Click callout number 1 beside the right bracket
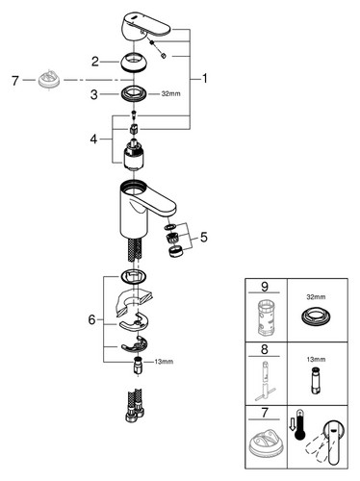point(205,79)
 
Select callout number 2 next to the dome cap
point(95,62)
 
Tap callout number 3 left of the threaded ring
point(94,94)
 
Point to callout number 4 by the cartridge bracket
point(93,139)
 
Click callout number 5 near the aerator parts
point(204,238)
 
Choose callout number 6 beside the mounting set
point(92,319)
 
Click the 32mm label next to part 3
point(170,94)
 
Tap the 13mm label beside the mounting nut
point(164,362)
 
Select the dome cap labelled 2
point(134,62)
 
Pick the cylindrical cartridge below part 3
point(134,154)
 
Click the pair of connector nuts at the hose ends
point(135,415)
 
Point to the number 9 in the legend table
point(265,287)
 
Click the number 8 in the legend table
point(265,349)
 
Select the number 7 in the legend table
point(265,413)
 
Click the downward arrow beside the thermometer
point(292,425)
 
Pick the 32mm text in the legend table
point(316,297)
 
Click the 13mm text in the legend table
point(316,360)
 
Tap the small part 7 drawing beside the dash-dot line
point(49,80)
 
